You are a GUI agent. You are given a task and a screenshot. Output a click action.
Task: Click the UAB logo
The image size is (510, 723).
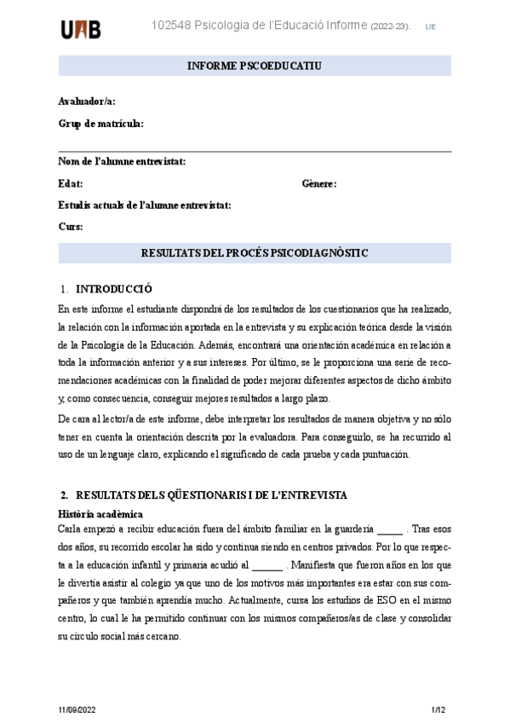tap(81, 29)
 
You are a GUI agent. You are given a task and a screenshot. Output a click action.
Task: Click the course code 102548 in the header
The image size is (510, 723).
tap(170, 26)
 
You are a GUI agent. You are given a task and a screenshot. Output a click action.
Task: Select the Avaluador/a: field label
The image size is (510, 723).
tap(87, 101)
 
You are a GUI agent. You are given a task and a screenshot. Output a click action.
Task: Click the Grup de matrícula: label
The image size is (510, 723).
tap(100, 124)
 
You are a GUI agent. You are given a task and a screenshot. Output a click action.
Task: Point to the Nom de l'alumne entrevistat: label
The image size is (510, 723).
tap(122, 161)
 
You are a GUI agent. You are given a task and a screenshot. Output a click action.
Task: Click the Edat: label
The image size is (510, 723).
tap(71, 183)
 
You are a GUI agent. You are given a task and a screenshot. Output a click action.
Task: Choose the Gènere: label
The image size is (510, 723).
tap(319, 183)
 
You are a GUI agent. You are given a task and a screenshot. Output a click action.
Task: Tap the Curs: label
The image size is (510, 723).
tap(71, 227)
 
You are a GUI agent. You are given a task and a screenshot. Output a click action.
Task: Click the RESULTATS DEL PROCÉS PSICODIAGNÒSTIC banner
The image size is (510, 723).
tap(255, 253)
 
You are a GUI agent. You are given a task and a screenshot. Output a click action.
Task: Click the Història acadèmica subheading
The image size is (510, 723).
tap(100, 513)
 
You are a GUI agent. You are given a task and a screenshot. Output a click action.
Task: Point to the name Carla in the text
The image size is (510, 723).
tap(71, 529)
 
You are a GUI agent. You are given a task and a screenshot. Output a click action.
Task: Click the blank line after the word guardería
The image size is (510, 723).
tap(389, 530)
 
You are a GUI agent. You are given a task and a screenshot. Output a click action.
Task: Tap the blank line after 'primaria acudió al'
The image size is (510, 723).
tap(267, 565)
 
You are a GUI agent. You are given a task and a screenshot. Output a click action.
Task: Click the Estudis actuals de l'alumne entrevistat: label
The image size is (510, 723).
tap(145, 205)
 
